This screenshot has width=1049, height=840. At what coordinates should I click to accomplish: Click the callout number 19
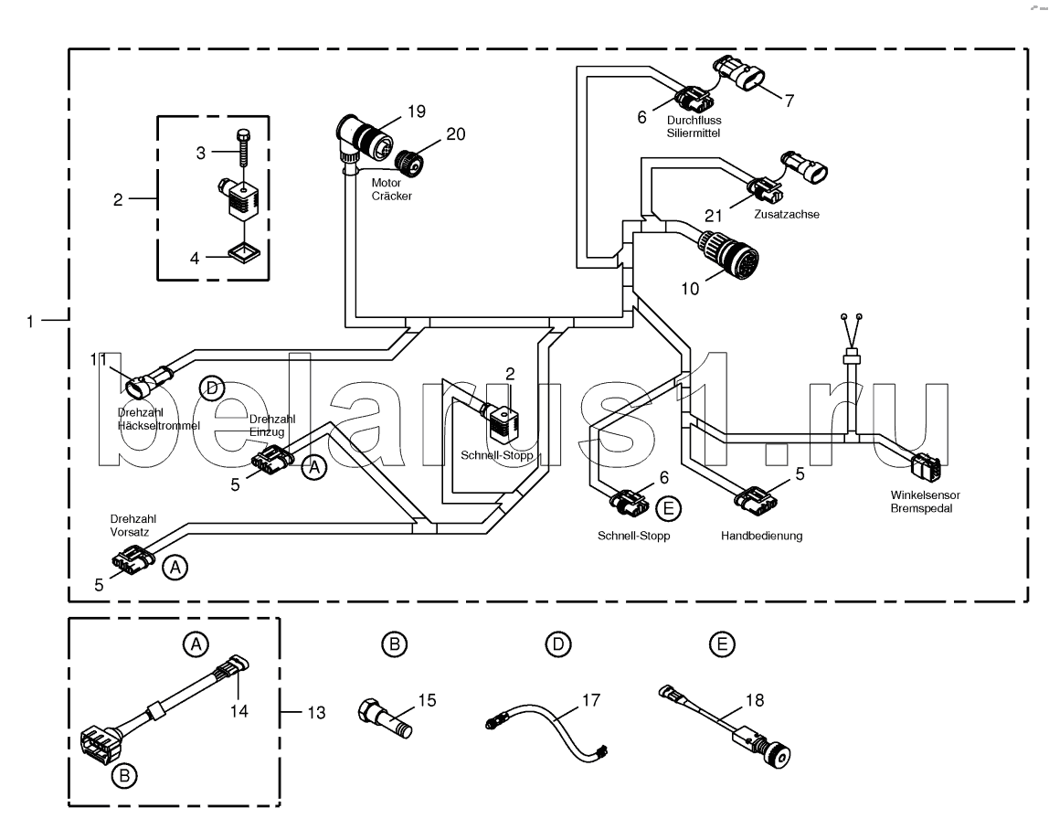click(416, 112)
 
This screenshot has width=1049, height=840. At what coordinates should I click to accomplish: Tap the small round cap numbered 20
click(408, 162)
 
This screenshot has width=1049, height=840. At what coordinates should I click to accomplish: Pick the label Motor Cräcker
click(391, 189)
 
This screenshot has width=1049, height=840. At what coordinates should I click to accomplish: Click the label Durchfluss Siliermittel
click(694, 126)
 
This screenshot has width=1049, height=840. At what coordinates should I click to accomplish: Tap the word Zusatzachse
click(786, 214)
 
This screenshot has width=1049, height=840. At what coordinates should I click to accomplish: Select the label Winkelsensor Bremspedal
click(925, 501)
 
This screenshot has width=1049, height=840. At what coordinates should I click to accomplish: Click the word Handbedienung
click(761, 536)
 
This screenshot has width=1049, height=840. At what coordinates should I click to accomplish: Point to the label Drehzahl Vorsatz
click(132, 526)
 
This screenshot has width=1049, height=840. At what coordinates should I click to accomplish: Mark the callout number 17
click(590, 700)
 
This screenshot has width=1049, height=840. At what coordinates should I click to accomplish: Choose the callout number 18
click(754, 700)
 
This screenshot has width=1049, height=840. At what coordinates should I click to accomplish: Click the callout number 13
click(316, 713)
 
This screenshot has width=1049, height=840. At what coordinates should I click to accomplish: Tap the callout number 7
click(789, 101)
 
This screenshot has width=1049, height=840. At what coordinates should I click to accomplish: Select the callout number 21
click(713, 216)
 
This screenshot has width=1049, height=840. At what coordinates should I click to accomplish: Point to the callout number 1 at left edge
click(29, 321)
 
